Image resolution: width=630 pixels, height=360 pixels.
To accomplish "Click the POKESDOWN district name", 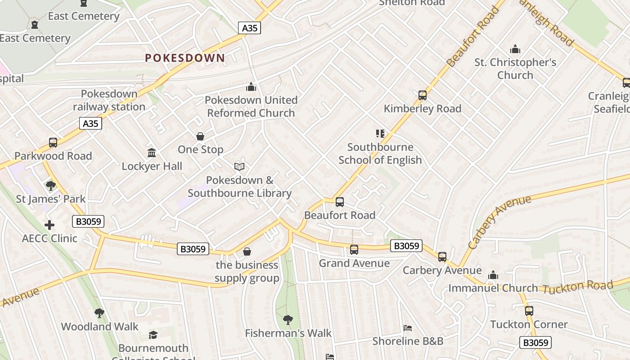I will [185, 58].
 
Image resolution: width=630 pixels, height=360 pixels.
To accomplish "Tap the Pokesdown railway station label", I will [109, 100].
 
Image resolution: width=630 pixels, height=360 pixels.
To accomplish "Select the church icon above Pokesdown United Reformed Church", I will [251, 86].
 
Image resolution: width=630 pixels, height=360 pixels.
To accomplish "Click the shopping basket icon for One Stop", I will [200, 136].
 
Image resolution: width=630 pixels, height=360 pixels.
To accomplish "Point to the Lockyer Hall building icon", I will [152, 153].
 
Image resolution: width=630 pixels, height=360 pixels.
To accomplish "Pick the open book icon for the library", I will [239, 167].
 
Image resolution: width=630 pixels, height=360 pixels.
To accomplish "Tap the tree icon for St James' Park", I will [50, 185].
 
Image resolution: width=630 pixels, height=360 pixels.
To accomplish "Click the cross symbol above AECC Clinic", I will [49, 225].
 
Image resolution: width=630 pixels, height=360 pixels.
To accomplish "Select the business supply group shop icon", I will [247, 252].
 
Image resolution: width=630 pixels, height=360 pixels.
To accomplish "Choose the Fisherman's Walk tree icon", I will [288, 320].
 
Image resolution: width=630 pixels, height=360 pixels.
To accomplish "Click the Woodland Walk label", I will [100, 326].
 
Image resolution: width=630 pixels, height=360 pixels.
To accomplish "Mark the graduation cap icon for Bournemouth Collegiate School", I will [153, 335].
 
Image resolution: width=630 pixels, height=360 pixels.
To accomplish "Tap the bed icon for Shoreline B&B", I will [408, 328].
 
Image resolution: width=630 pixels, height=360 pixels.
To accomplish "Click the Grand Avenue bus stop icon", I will [354, 249].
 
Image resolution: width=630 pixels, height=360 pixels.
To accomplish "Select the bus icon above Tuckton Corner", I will [529, 310].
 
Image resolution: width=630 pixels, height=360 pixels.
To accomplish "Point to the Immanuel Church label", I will [493, 288].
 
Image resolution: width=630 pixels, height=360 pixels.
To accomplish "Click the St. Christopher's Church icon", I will [515, 49].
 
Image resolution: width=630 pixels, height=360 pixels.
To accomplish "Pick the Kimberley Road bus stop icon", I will [422, 95].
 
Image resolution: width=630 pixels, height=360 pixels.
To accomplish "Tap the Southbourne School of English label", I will [380, 153].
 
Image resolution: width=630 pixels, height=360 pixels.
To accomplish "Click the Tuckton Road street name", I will [578, 287].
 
